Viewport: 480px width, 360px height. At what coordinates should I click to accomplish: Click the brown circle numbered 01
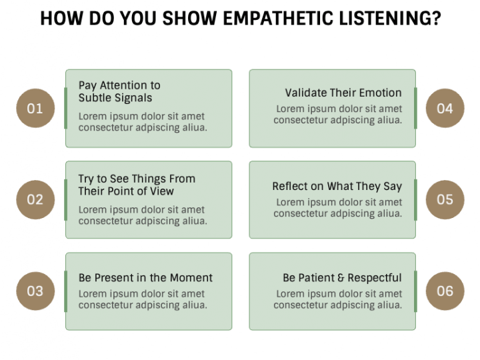pos(35,108)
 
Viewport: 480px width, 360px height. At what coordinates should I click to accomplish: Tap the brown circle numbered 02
pos(35,199)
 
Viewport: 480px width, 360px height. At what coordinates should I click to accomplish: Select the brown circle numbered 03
pos(35,291)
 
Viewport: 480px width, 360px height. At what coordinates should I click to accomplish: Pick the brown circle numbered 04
pos(445,108)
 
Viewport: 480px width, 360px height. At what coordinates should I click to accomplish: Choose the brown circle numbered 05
pos(445,199)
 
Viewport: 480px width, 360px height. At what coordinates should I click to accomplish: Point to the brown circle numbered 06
pos(445,291)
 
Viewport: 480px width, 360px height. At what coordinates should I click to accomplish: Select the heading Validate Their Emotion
pos(343,93)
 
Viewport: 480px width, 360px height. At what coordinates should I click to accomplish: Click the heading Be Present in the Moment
pos(145,277)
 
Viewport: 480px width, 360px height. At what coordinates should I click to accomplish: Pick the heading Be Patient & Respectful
pos(342,277)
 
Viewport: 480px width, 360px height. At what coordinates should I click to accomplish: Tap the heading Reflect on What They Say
pos(337,186)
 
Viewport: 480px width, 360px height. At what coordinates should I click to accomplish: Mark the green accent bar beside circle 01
pos(65,108)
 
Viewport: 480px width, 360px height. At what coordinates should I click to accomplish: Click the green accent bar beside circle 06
pos(415,291)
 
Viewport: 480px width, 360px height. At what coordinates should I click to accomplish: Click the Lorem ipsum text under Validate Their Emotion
pos(338,115)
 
